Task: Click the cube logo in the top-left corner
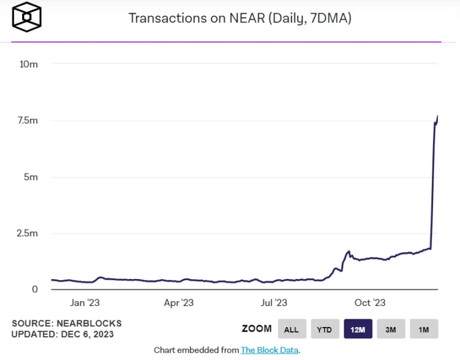point(26,18)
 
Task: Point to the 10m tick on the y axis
point(29,64)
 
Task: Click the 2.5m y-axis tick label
point(26,233)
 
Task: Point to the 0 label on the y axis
point(35,289)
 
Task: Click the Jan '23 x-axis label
point(85,303)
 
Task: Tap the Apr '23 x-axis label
point(179,303)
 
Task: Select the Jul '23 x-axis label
point(273,303)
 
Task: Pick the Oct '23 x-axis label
point(370,303)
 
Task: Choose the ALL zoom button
point(291,329)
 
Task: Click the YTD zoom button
point(324,329)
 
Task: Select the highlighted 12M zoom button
point(358,329)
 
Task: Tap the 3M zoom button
point(391,329)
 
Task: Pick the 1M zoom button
point(424,329)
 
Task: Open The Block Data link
point(269,350)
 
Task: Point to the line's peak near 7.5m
point(438,116)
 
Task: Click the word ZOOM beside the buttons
point(257,329)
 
